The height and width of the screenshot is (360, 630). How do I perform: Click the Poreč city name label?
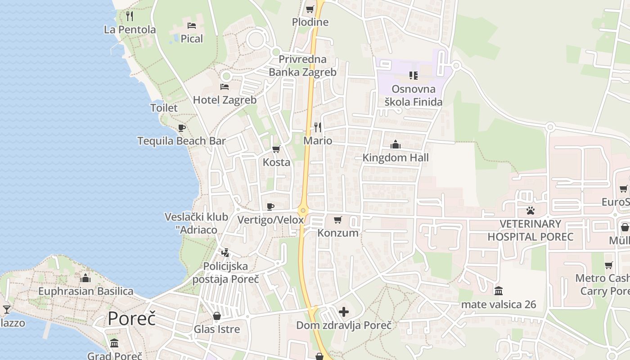(131, 319)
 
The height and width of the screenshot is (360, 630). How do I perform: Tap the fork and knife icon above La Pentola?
(130, 16)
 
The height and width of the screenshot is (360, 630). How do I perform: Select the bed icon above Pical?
(192, 26)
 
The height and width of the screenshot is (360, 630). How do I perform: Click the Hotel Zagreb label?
(225, 100)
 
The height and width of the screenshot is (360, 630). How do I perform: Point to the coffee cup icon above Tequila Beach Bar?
(181, 128)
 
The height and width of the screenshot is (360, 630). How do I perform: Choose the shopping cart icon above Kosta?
(276, 149)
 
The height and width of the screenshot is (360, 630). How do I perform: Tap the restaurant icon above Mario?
(318, 127)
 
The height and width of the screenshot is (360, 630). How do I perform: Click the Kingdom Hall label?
(396, 157)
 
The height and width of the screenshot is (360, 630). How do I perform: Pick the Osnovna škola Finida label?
(413, 95)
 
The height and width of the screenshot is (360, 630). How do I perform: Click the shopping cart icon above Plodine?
(310, 9)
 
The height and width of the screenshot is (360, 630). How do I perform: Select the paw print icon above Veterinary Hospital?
(531, 210)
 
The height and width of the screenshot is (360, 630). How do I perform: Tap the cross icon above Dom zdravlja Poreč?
(344, 312)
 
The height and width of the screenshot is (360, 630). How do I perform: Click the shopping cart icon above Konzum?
(338, 220)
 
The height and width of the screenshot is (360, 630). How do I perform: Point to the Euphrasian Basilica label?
(85, 291)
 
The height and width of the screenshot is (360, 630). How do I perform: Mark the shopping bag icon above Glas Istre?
(217, 316)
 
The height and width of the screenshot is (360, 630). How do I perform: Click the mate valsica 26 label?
(499, 305)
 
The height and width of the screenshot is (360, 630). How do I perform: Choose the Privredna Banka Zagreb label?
(302, 65)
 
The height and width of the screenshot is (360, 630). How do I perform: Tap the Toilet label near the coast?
(164, 108)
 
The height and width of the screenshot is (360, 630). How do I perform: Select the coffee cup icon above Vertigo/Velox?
(270, 207)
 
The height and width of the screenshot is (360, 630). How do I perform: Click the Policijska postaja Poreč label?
(225, 273)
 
